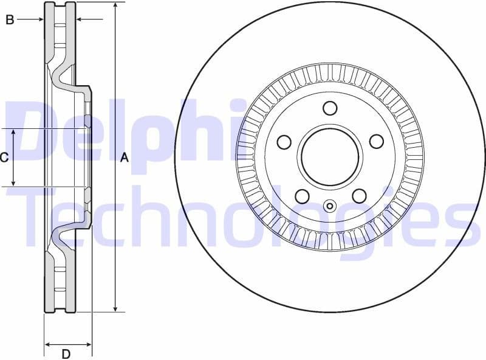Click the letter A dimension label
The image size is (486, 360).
pyautogui.click(x=125, y=158)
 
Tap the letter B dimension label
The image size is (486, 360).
pyautogui.click(x=10, y=20)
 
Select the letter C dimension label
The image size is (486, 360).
pyautogui.click(x=4, y=158)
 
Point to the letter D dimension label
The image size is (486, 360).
pyautogui.click(x=67, y=354)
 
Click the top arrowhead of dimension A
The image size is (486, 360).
pyautogui.click(x=115, y=5)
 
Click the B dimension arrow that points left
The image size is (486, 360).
pyautogui.click(x=80, y=20)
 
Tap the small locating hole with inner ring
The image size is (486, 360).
pyautogui.click(x=330, y=206)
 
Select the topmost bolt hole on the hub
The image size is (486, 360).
pyautogui.click(x=330, y=108)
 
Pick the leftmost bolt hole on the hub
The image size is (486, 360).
pyautogui.click(x=284, y=142)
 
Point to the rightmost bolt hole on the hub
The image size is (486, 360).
pyautogui.click(x=377, y=142)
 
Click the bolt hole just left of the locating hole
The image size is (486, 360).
pyautogui.click(x=301, y=196)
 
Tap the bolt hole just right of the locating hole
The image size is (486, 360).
pyautogui.click(x=359, y=196)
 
